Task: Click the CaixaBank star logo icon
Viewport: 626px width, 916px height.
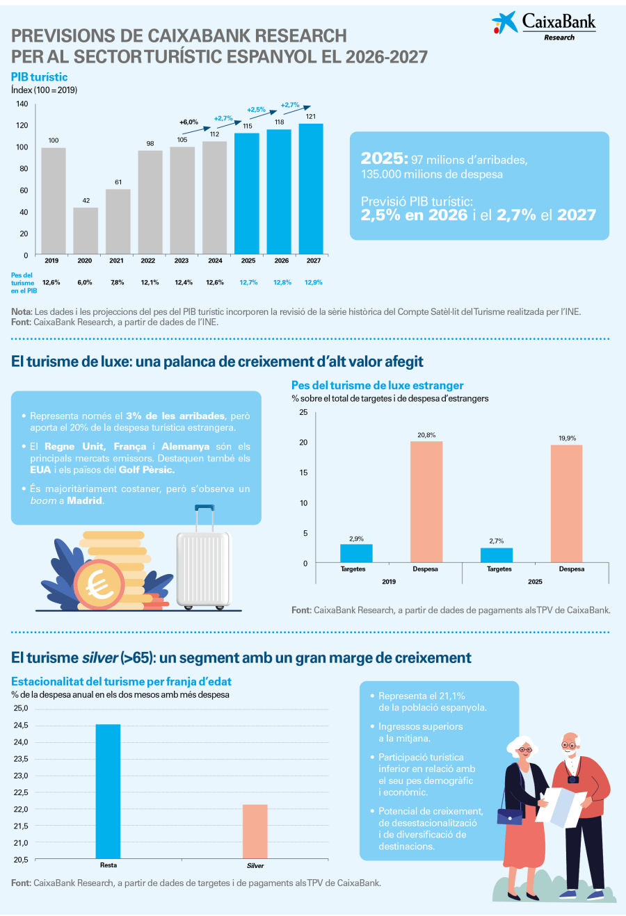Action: [504, 23]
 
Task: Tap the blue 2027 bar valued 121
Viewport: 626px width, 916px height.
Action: [311, 188]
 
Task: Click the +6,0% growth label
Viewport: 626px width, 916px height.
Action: [188, 122]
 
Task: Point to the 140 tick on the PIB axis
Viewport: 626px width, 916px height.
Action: [22, 104]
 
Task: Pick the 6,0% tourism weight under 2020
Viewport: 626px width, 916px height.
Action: [84, 283]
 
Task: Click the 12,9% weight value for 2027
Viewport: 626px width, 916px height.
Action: [314, 283]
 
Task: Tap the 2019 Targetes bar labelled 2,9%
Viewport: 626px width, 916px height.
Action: [356, 553]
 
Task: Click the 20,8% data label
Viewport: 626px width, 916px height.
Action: [426, 435]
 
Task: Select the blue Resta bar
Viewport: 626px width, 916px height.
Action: [108, 792]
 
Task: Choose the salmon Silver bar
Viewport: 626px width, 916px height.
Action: [255, 831]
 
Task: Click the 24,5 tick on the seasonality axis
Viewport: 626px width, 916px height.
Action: [21, 726]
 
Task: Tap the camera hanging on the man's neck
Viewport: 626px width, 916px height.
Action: [572, 779]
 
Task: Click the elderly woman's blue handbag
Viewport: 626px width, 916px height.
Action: [509, 816]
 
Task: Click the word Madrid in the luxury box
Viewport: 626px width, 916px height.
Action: [85, 500]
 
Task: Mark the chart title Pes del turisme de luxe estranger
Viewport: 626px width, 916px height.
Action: [377, 386]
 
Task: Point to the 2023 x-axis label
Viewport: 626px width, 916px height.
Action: [182, 261]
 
